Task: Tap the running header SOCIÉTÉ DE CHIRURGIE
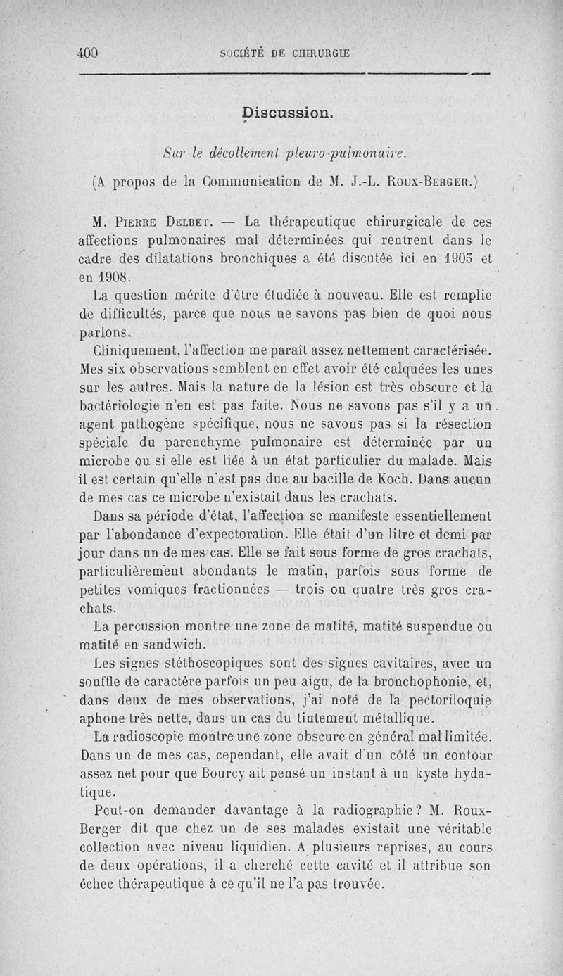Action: pos(284,53)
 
